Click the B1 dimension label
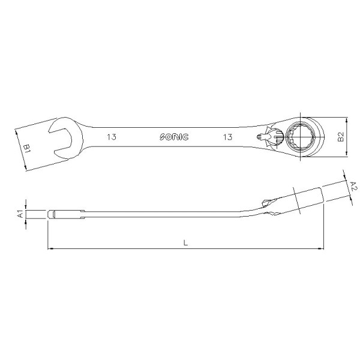[27, 148]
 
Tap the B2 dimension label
[341, 137]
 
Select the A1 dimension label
[21, 214]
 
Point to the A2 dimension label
[354, 186]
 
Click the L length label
[185, 242]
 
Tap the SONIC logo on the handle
[174, 137]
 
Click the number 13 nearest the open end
[112, 137]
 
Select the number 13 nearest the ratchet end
[228, 137]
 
